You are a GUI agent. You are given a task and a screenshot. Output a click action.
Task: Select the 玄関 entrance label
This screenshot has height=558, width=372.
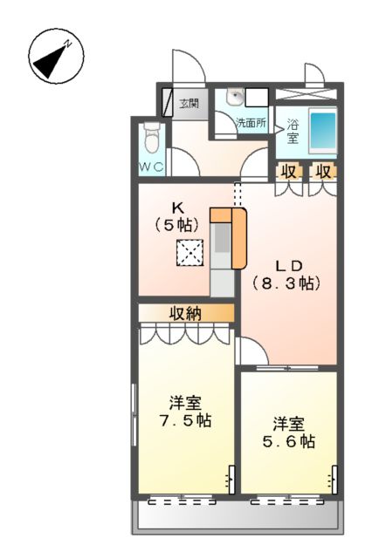(x=189, y=104)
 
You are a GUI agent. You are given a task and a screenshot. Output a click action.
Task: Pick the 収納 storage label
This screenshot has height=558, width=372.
(x=187, y=312)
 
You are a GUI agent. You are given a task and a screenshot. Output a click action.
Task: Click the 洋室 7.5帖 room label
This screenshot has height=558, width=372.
(x=185, y=412)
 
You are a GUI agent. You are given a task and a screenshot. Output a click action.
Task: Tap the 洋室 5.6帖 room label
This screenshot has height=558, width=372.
(x=289, y=433)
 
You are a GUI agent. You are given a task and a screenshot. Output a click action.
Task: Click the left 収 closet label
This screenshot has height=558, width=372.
(x=287, y=171)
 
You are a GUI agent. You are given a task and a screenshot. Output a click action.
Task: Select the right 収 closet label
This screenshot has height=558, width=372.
(x=322, y=171)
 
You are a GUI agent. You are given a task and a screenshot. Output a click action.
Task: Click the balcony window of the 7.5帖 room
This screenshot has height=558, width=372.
(x=182, y=501)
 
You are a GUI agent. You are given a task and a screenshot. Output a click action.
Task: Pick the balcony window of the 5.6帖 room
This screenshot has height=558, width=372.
(x=286, y=501)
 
